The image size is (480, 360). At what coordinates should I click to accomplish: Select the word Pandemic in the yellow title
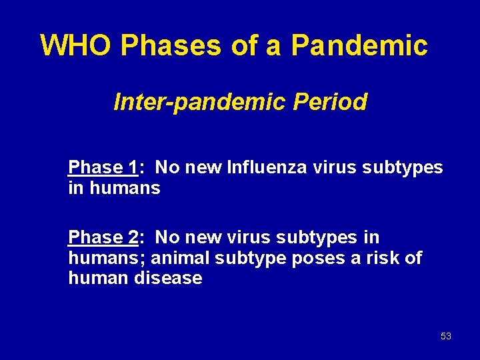pyautogui.click(x=359, y=45)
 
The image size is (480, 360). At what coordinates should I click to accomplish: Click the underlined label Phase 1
pyautogui.click(x=103, y=167)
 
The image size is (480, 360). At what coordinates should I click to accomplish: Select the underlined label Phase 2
pyautogui.click(x=103, y=237)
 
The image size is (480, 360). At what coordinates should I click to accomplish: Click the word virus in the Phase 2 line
pyautogui.click(x=237, y=237)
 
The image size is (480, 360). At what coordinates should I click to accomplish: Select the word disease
pyautogui.click(x=168, y=278)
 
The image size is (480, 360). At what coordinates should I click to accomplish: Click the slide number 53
pyautogui.click(x=446, y=336)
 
